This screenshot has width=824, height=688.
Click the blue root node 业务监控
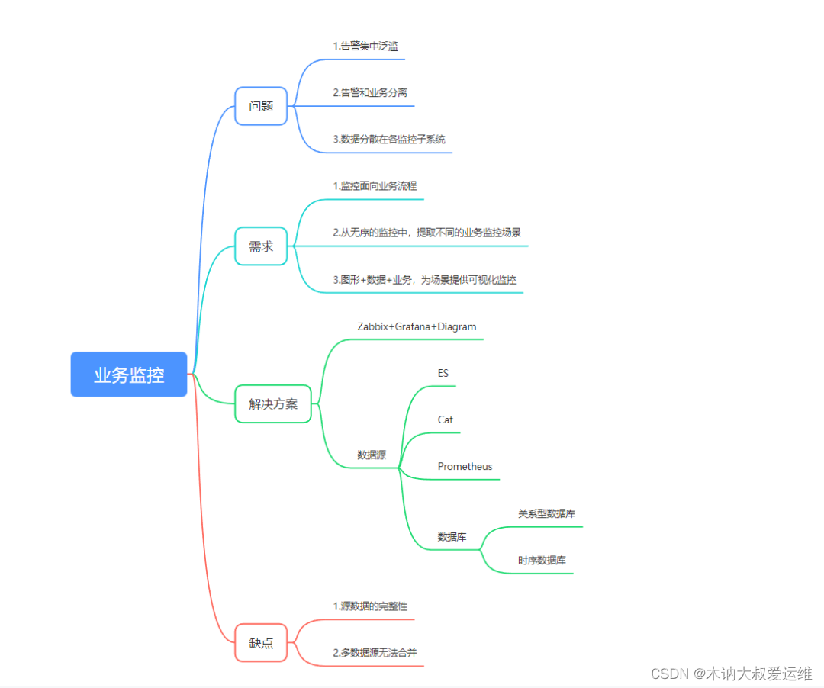pos(129,375)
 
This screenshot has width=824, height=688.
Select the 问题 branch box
pos(261,106)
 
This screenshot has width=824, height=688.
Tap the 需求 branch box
pos(261,246)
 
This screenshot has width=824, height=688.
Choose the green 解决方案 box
pos(272,404)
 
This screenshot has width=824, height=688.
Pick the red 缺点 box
pos(261,643)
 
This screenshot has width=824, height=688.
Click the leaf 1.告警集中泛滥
pos(365,47)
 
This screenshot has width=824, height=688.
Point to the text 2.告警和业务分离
pos(369,92)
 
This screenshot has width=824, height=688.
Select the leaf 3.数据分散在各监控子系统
pos(389,140)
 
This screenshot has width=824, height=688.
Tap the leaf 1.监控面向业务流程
pos(375,186)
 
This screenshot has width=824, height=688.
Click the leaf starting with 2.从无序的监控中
pos(426,233)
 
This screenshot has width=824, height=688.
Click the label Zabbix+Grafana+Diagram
pos(417,326)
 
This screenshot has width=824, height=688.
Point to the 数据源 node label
pos(372,455)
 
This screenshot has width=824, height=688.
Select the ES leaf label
pos(443,373)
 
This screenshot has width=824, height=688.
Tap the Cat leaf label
pos(446,420)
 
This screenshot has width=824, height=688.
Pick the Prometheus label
pos(465,466)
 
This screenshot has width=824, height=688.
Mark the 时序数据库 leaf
pos(542,561)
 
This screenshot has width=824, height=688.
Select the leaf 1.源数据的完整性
pos(370,606)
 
